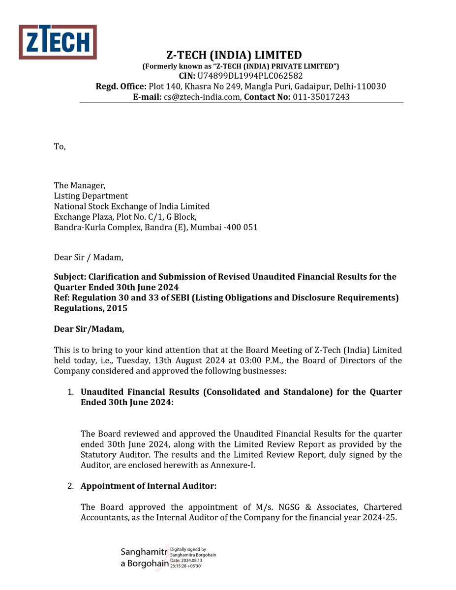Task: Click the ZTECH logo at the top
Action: pos(58,42)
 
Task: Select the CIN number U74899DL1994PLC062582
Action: pos(250,76)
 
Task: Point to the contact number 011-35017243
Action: pos(321,97)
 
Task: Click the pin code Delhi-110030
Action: pos(362,87)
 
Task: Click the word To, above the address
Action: pos(59,147)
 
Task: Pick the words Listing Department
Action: pos(91,196)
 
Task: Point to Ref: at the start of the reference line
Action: pos(61,298)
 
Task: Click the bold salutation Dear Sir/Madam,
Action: pos(89,329)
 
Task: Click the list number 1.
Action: pos(71,392)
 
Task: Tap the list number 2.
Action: pos(71,486)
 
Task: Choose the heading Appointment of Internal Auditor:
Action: pos(149,486)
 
